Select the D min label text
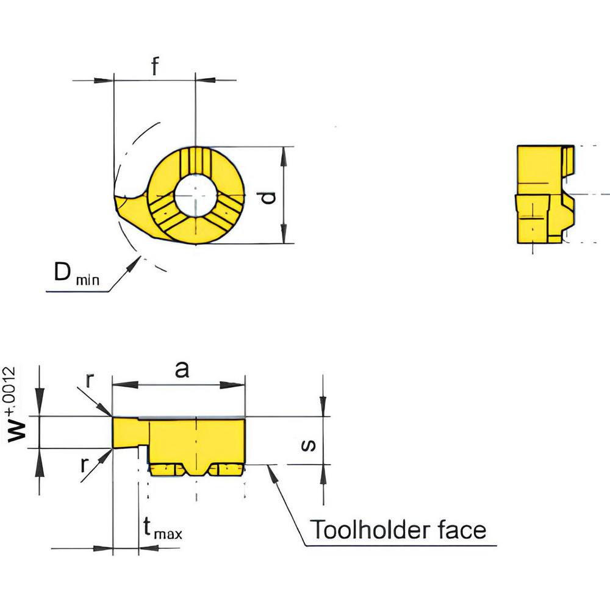[76, 275]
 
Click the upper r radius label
[89, 381]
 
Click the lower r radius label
[85, 465]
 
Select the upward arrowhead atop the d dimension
[284, 154]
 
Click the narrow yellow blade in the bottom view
[129, 432]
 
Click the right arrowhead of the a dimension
[238, 385]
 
